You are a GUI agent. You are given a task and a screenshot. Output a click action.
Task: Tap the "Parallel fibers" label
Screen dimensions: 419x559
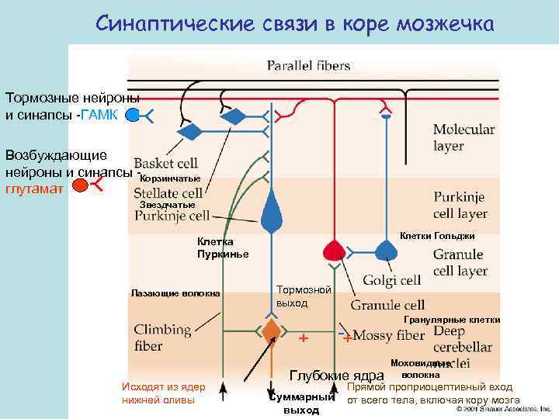click(x=308, y=66)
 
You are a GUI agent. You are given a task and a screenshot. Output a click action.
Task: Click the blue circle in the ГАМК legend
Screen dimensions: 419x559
click(x=133, y=116)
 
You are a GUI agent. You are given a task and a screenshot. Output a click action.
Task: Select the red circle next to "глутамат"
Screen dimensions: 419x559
click(x=80, y=185)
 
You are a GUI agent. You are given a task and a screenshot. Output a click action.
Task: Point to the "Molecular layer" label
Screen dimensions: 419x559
click(x=464, y=137)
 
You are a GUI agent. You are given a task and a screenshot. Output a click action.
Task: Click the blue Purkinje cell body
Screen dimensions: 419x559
click(x=271, y=214)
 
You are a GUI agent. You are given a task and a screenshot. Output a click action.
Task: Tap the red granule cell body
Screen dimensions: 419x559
click(x=335, y=249)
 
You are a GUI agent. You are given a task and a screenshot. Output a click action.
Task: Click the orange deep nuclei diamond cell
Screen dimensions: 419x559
click(x=271, y=330)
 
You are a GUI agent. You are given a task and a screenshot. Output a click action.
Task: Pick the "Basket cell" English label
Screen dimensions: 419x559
click(x=165, y=164)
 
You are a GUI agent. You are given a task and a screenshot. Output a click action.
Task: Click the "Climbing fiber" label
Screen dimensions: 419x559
click(x=161, y=338)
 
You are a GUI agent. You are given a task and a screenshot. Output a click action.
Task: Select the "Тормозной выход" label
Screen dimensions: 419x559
click(x=304, y=296)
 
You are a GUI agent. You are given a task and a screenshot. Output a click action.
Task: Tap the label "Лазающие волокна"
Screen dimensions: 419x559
click(x=175, y=293)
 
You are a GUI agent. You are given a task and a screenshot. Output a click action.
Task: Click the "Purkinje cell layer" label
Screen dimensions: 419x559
click(x=460, y=205)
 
